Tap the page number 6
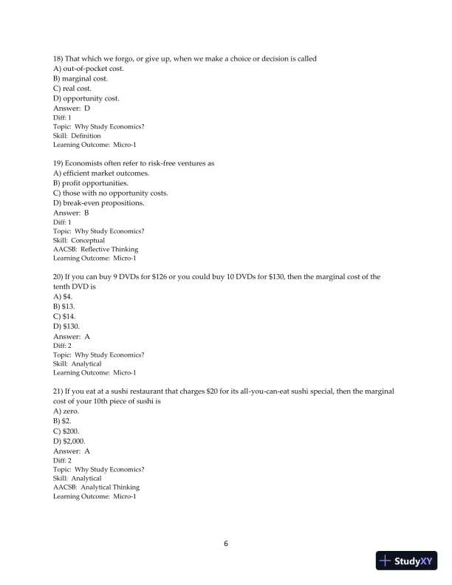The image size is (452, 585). [226, 544]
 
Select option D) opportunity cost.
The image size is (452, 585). [86, 98]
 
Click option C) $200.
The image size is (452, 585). [66, 430]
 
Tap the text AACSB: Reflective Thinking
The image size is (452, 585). [95, 249]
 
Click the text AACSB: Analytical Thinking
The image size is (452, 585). [96, 487]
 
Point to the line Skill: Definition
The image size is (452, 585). [78, 136]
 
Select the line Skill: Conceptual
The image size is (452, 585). [79, 240]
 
